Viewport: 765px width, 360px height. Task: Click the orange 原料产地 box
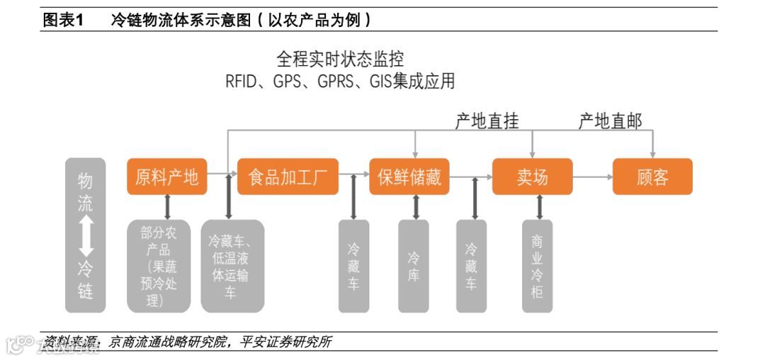coord(167,176)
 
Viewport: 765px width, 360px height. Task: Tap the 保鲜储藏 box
coord(409,176)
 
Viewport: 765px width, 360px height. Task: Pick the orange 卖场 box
coord(533,176)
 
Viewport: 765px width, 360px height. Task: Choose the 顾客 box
coord(652,176)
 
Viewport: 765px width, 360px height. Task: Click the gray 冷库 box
coord(414,266)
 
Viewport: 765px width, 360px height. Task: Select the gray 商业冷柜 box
coord(538,266)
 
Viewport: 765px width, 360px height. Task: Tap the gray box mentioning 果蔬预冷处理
coord(159,266)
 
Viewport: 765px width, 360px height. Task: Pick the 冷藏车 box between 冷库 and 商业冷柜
coord(471,266)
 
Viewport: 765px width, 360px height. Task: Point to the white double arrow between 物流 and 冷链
coord(86,236)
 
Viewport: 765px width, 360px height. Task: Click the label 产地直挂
coord(487,121)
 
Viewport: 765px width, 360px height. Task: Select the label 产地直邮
coord(611,121)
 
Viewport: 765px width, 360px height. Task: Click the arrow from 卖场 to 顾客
coord(592,176)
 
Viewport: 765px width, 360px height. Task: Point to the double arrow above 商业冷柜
coord(540,207)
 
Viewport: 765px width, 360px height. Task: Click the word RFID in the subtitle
coord(244,81)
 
